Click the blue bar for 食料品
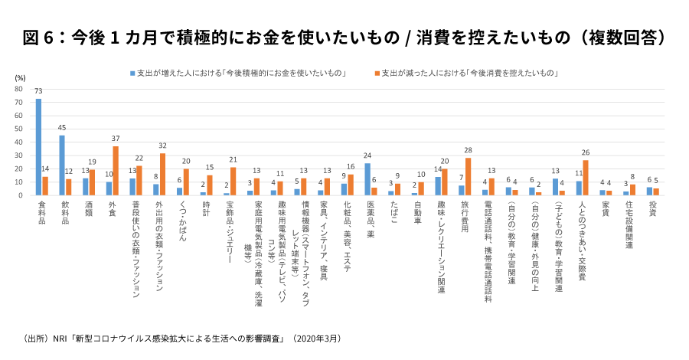38,147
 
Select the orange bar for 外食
116,171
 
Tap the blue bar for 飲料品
62,165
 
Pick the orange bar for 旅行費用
467,177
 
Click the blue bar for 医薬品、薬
367,179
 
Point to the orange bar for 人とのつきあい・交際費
586,178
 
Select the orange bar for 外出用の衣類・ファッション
162,174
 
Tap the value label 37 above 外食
116,139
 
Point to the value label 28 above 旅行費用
467,151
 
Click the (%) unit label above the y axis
21,78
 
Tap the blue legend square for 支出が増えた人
132,74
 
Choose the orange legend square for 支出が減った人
377,74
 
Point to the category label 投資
652,208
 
